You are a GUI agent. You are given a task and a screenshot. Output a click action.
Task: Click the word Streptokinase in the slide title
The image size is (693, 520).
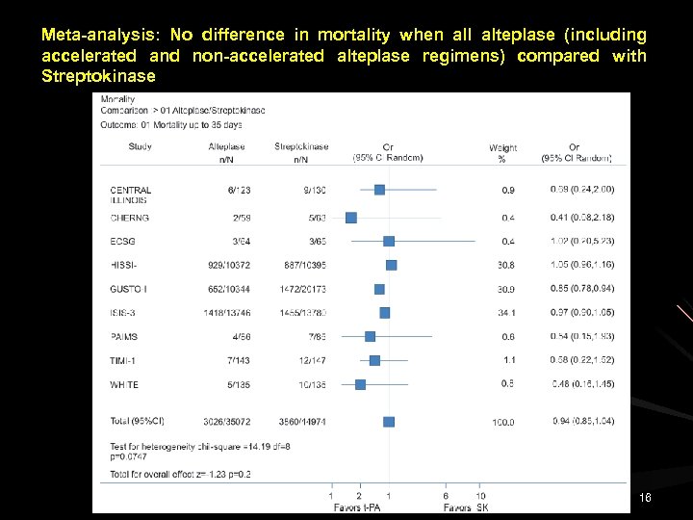tap(98, 76)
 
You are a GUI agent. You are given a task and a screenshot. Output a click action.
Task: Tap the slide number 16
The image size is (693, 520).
tap(645, 497)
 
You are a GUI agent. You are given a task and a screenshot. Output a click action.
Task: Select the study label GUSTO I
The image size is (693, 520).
tap(129, 289)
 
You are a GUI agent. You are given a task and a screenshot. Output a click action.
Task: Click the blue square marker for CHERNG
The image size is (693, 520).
tap(351, 219)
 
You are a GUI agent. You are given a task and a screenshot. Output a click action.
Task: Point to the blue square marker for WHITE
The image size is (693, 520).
tap(360, 384)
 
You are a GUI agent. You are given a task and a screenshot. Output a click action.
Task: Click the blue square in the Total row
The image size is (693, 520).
tap(389, 422)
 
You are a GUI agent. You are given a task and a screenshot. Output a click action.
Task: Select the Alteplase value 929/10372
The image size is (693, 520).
tap(227, 265)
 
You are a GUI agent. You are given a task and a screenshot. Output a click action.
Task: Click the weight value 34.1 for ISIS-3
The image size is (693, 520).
tap(506, 313)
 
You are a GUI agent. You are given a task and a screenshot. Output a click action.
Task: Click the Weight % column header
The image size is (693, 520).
tap(502, 153)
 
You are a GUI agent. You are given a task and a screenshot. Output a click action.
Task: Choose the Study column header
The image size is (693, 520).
tap(140, 147)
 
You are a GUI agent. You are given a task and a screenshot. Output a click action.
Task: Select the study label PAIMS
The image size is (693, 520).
tap(124, 337)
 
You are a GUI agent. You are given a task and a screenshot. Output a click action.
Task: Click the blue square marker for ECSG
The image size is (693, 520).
tap(389, 241)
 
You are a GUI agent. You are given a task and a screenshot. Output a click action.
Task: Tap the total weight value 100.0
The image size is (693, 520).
tap(503, 423)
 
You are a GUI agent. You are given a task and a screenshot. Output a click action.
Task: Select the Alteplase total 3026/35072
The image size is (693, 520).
tap(227, 421)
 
